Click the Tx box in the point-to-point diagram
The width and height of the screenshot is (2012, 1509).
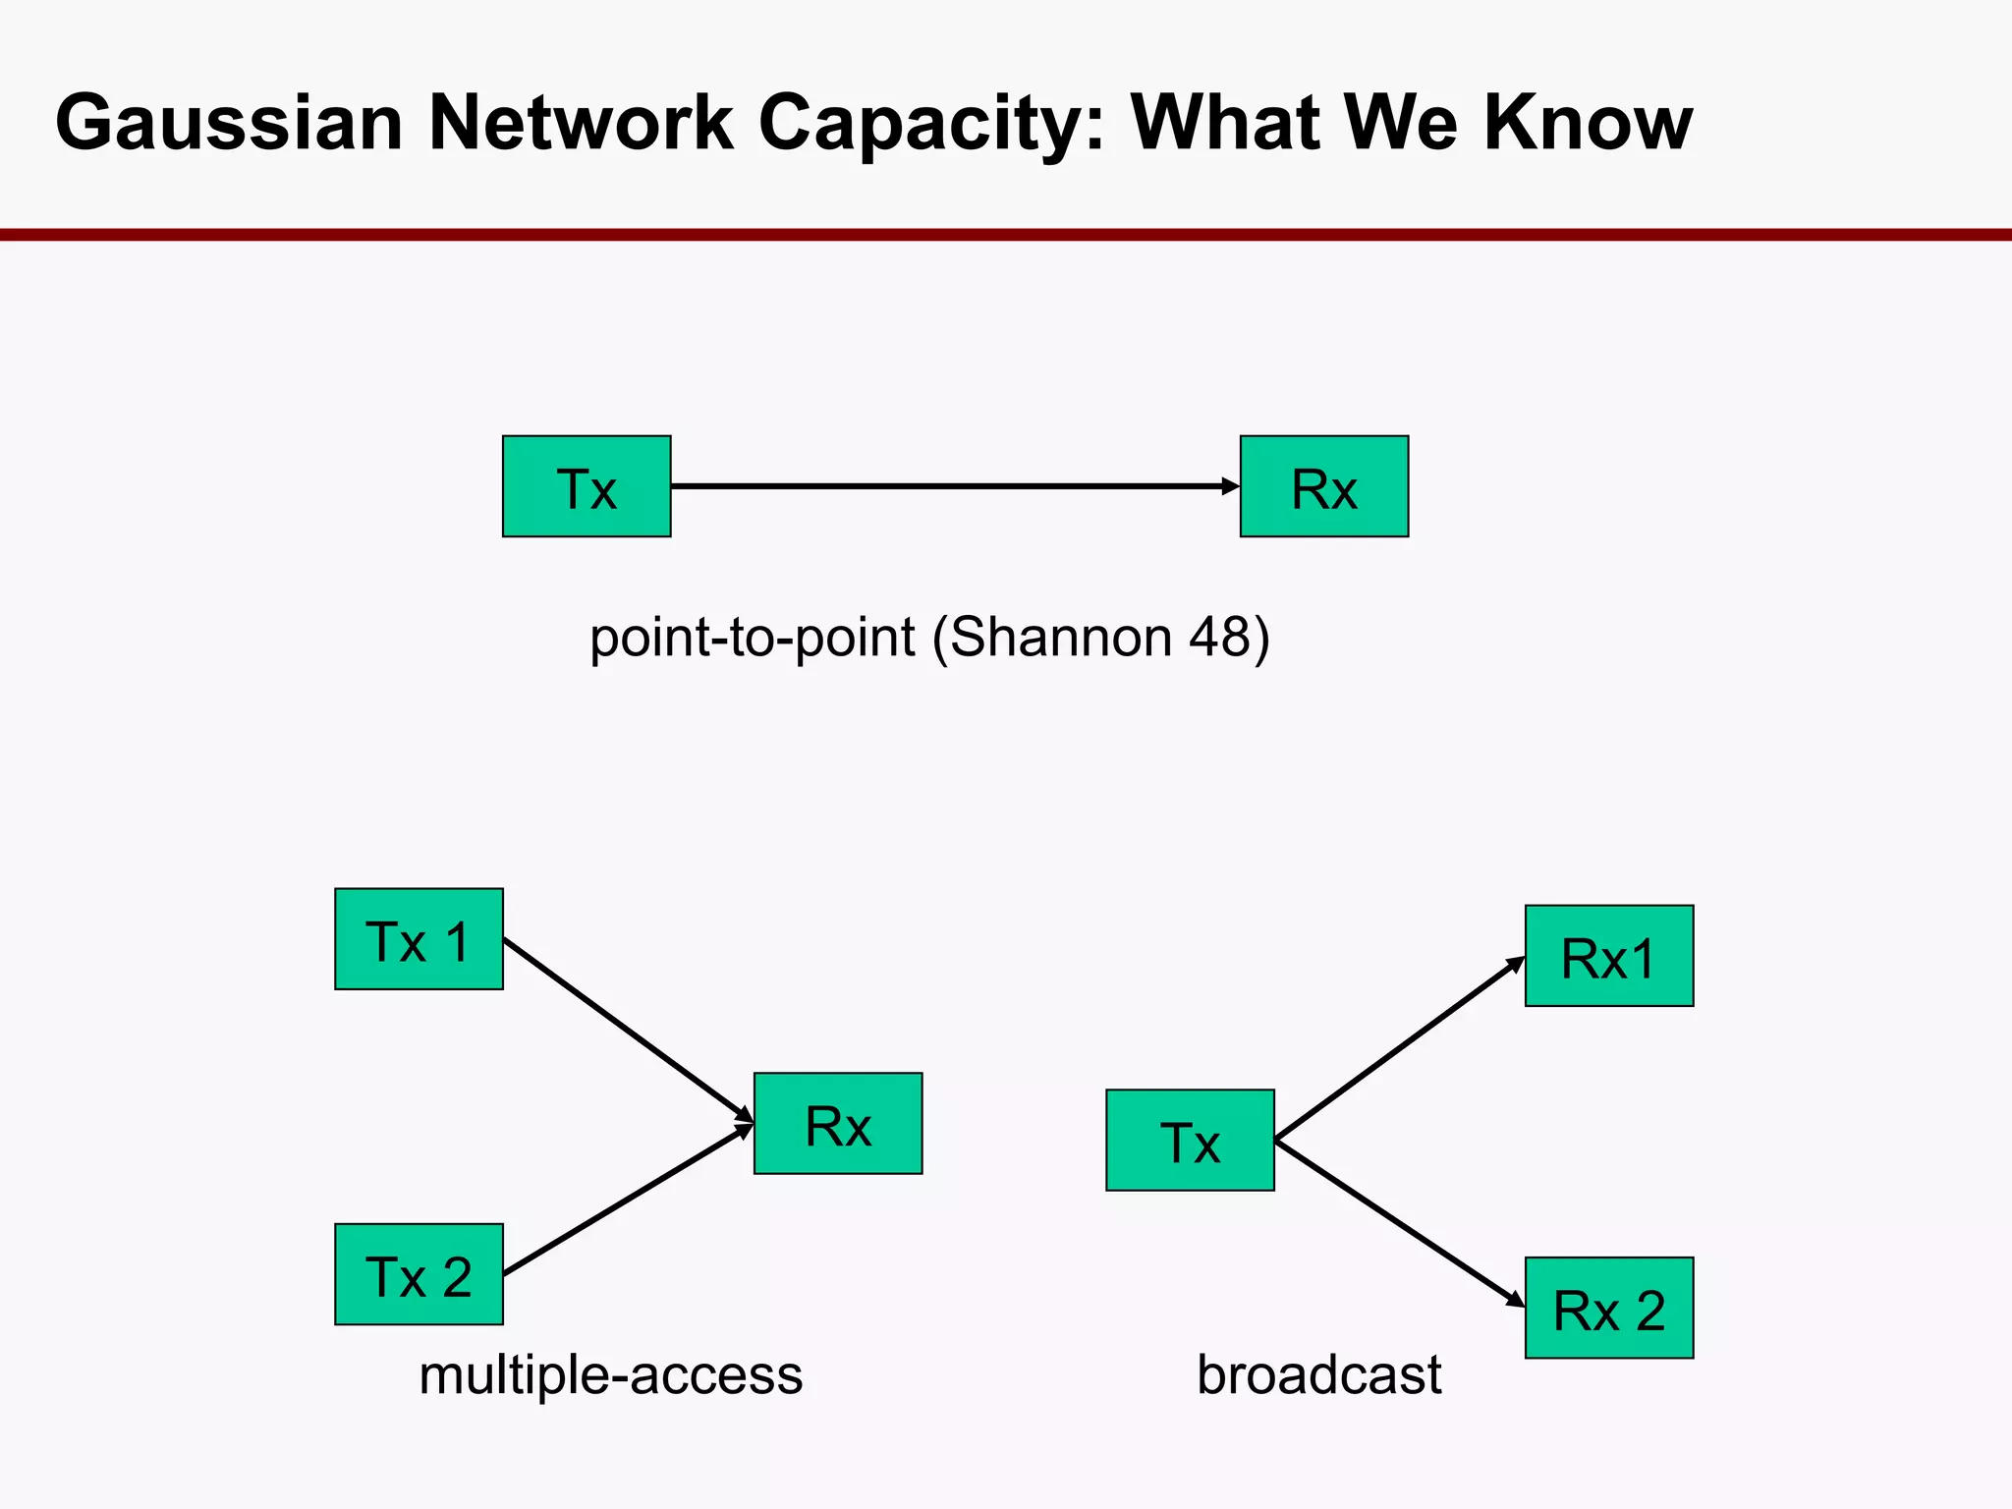(x=587, y=486)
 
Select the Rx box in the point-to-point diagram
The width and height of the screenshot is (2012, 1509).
(x=1323, y=486)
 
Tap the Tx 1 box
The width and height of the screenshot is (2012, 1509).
(x=419, y=939)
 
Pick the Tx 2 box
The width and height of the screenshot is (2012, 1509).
(x=419, y=1274)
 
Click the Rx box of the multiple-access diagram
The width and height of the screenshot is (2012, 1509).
(x=838, y=1123)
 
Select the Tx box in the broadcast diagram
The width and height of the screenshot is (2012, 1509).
(x=1190, y=1141)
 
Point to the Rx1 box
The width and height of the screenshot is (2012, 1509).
(x=1608, y=956)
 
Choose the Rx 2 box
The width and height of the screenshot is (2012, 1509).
(x=1608, y=1308)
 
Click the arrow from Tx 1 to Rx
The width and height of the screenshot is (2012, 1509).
(x=629, y=1031)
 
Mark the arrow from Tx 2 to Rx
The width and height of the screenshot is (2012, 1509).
(x=629, y=1200)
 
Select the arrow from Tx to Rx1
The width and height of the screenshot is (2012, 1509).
(x=1400, y=1048)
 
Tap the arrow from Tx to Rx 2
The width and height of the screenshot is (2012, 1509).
(x=1400, y=1224)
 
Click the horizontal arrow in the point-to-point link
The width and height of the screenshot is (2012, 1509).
(x=953, y=486)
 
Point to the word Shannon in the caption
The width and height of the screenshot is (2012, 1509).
(x=1061, y=638)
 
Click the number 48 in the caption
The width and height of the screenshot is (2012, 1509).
(x=1219, y=638)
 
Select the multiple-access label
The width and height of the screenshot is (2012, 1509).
(x=610, y=1374)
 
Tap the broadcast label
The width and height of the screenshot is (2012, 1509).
(x=1318, y=1374)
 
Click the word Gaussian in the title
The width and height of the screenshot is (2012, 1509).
(x=229, y=123)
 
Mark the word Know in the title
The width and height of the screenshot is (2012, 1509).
(x=1588, y=123)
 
